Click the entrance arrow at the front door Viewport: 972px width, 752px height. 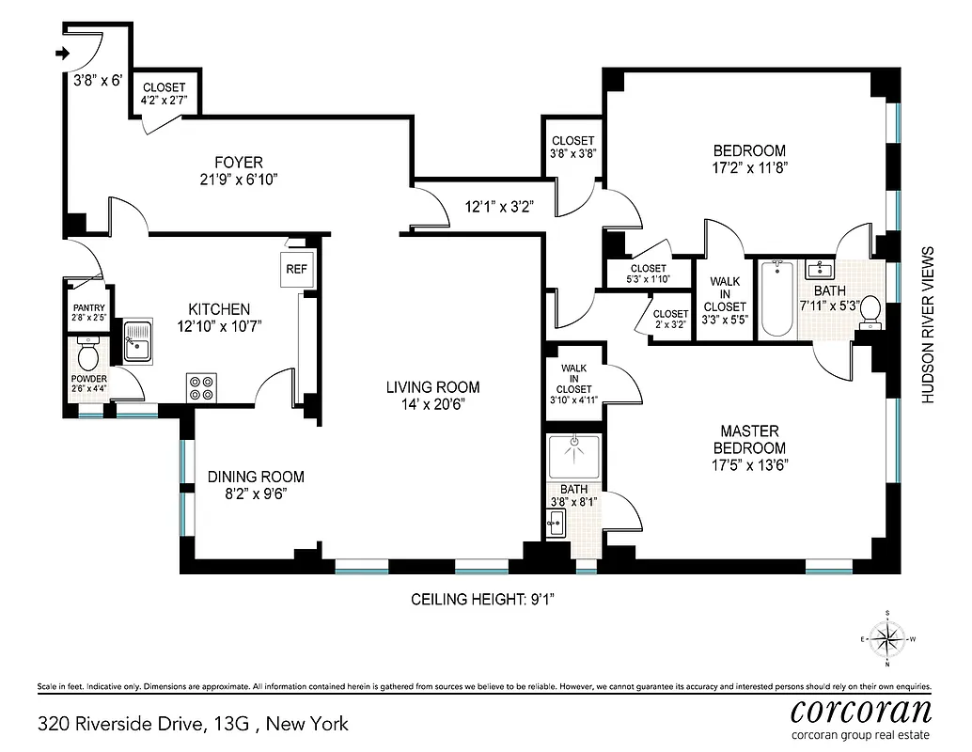tap(63, 55)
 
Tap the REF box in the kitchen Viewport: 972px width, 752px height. tap(296, 269)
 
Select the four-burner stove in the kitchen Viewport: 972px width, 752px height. tap(202, 387)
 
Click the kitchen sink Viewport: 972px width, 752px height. tap(139, 340)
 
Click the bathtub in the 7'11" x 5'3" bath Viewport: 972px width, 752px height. tap(777, 299)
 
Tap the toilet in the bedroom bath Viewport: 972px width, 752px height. tap(869, 311)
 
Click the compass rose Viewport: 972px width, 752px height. tap(886, 639)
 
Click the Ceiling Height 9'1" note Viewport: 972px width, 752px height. tap(488, 599)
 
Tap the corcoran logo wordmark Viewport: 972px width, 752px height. tap(861, 708)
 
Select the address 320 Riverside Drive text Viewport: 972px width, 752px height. tap(193, 724)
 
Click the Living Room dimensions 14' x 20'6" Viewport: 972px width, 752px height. tap(433, 404)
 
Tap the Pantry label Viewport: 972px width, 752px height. tap(88, 307)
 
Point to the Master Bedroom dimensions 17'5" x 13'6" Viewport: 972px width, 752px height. tap(748, 464)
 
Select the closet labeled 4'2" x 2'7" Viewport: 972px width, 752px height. tap(164, 93)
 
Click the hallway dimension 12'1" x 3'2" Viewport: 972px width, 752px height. tap(499, 208)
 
